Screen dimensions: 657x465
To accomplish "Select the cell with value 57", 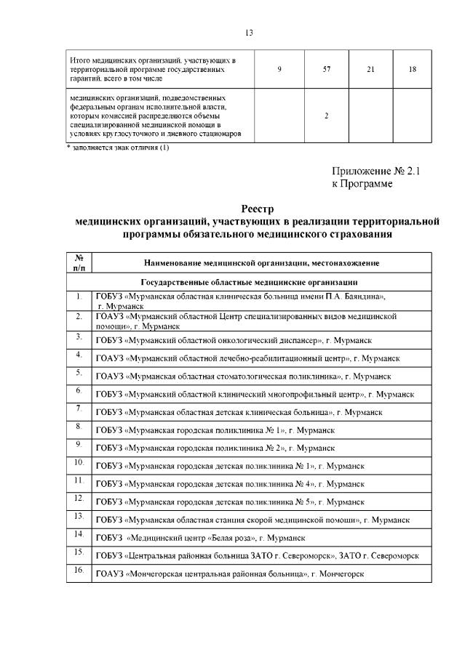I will [327, 68].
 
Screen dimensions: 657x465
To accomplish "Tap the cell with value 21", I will [370, 68].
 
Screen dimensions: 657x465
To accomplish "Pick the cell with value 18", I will [412, 68].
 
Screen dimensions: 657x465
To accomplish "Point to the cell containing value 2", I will [327, 115].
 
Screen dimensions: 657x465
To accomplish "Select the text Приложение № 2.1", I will [376, 172].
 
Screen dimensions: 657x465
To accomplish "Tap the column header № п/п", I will [79, 262].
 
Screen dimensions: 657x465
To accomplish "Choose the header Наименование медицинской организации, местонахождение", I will [261, 263].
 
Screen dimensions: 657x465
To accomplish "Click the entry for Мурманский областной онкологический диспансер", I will [235, 340].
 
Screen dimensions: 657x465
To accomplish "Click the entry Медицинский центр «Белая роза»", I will [201, 538].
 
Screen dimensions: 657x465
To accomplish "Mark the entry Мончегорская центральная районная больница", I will [229, 574].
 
